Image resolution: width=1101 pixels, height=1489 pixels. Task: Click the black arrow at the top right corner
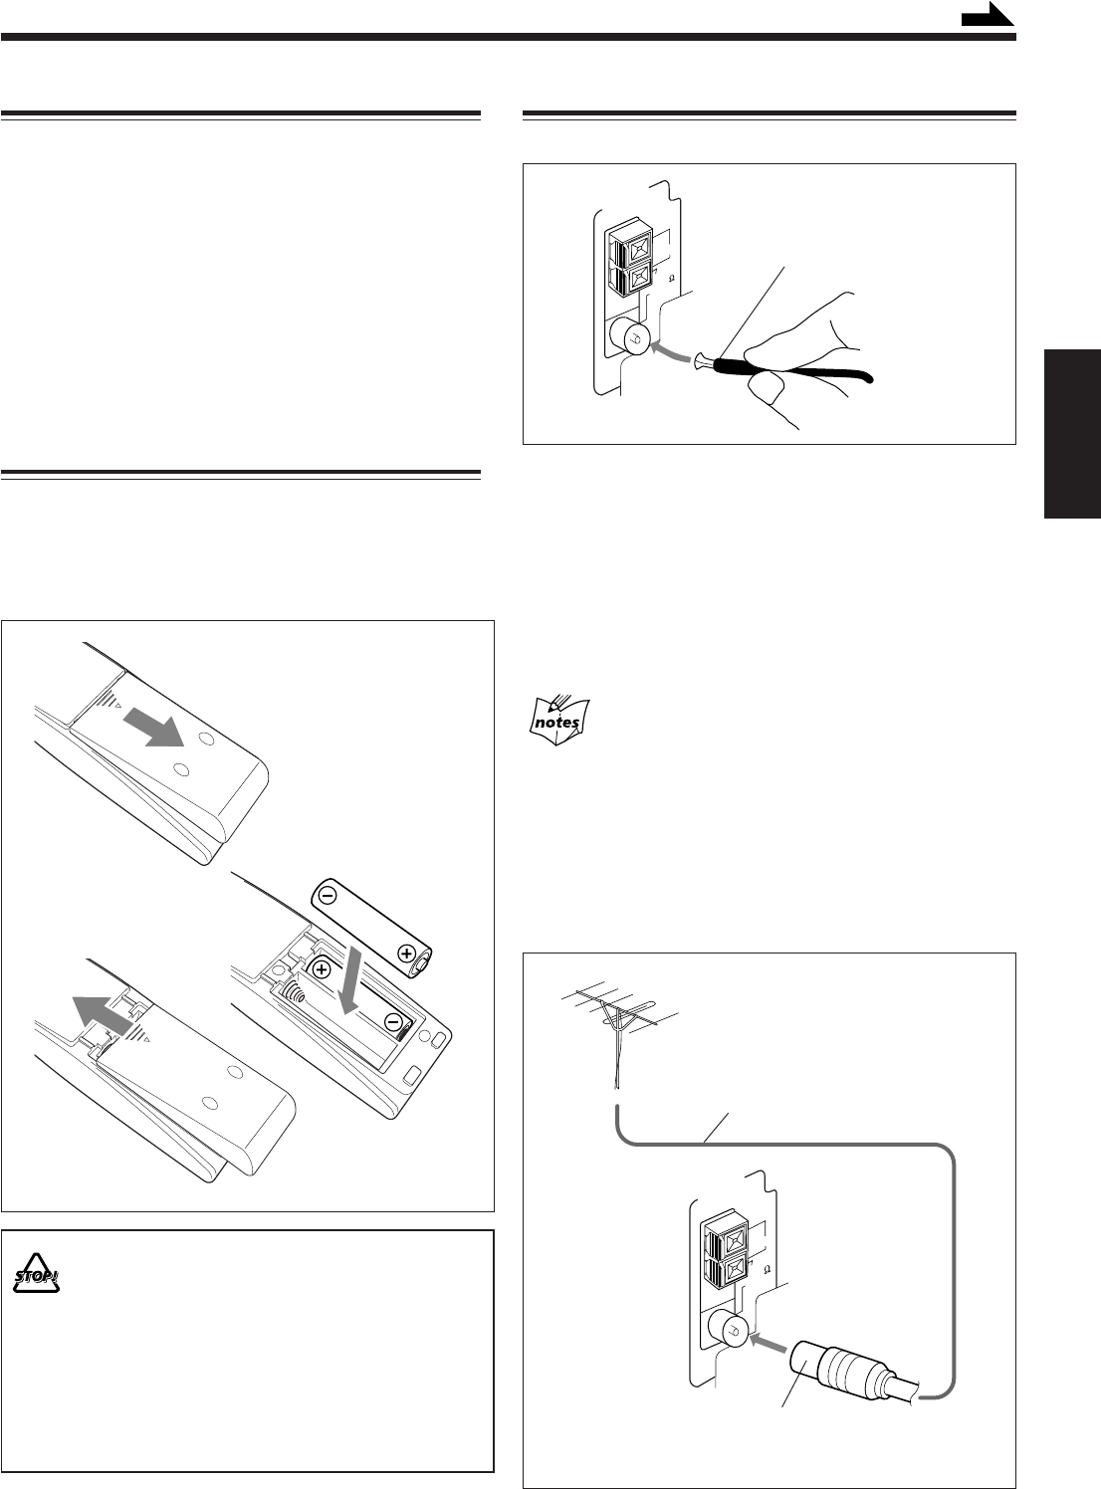pos(988,15)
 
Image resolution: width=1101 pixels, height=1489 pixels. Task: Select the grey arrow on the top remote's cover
pos(154,729)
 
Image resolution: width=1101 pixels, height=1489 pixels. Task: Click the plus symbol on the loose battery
pos(406,953)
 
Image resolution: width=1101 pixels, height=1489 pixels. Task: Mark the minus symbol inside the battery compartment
pos(394,1022)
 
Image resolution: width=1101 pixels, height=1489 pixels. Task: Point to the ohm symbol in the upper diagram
pos(672,278)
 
